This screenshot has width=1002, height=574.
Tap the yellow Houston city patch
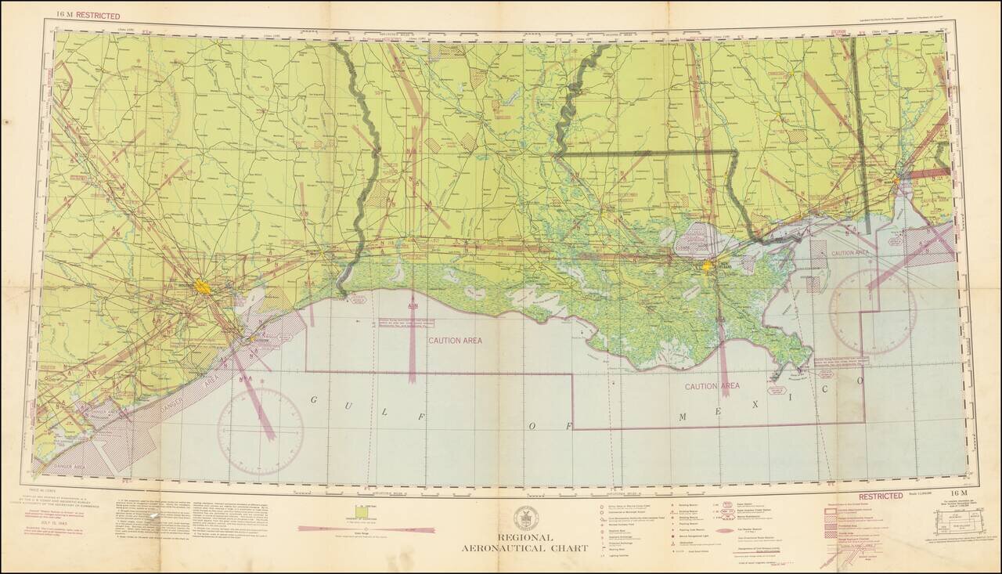[203, 287]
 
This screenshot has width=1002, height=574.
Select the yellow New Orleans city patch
[708, 267]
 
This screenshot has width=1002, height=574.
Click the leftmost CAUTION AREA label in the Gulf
[455, 341]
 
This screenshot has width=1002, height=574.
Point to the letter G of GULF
[315, 400]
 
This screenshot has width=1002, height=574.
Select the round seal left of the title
[525, 518]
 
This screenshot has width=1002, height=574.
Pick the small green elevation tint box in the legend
[361, 511]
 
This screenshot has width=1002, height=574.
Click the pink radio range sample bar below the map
[366, 529]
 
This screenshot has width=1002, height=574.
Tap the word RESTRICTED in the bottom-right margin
[881, 496]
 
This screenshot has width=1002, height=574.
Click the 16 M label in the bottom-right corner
[954, 492]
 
